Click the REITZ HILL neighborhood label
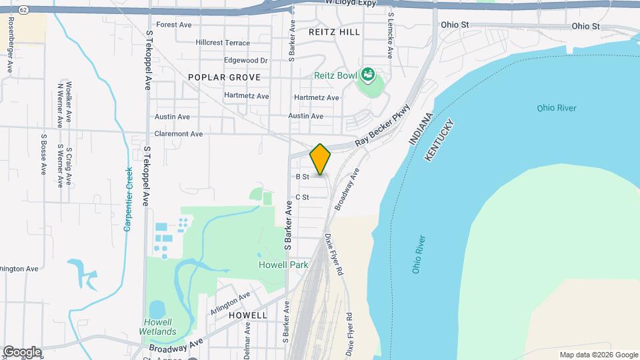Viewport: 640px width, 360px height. pyautogui.click(x=335, y=31)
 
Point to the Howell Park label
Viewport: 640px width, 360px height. pyautogui.click(x=283, y=265)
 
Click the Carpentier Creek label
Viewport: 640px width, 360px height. pyautogui.click(x=127, y=199)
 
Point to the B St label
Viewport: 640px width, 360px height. pyautogui.click(x=302, y=177)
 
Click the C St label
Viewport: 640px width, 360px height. pyautogui.click(x=302, y=197)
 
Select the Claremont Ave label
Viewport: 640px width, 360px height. pyautogui.click(x=179, y=133)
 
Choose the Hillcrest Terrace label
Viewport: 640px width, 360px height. pyautogui.click(x=223, y=42)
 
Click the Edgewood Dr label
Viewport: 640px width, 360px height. pyautogui.click(x=245, y=60)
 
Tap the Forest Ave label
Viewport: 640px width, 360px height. pyautogui.click(x=174, y=25)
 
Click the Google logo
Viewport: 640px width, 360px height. pyautogui.click(x=22, y=352)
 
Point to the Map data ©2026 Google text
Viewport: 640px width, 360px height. pyautogui.click(x=598, y=355)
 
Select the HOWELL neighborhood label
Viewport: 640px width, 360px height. pyautogui.click(x=247, y=315)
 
